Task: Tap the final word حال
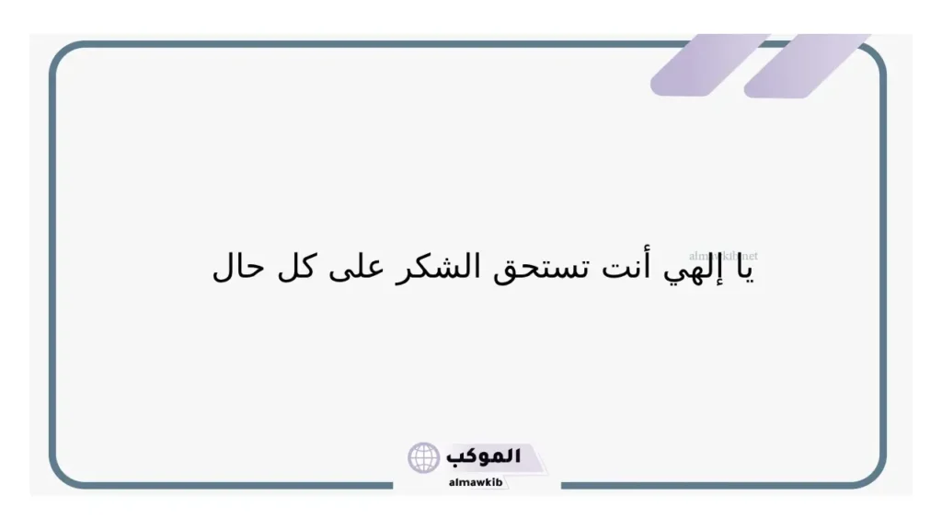(x=238, y=268)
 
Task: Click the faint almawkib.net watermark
(x=723, y=255)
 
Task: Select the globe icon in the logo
(x=424, y=457)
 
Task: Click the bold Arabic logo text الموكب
(x=483, y=456)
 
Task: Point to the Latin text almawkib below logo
(x=476, y=482)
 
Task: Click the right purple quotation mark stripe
(x=807, y=65)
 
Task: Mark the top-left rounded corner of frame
(x=63, y=55)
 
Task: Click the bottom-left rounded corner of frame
(x=63, y=474)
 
